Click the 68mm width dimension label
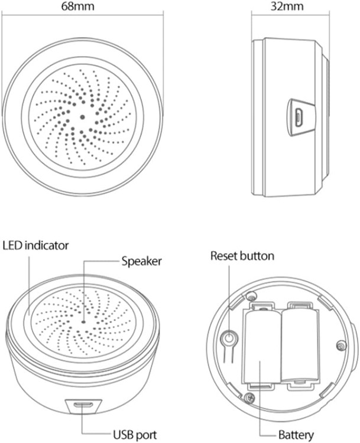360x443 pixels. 82,7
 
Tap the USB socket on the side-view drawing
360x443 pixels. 300,117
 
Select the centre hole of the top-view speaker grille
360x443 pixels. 82,117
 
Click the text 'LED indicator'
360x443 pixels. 36,245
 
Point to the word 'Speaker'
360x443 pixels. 142,260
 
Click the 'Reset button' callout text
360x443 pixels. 242,256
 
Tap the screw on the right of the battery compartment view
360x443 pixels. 340,344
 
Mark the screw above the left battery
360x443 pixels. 252,296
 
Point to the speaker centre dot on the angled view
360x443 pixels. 83,322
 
